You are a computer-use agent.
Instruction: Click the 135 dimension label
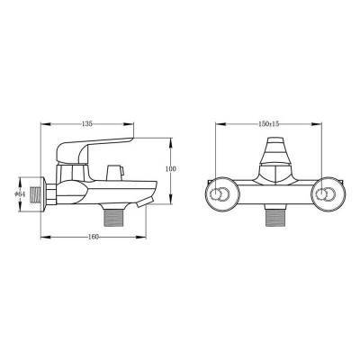(86, 123)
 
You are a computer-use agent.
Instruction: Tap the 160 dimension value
(94, 237)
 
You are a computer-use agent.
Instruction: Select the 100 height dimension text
(170, 169)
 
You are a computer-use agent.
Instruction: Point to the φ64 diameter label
(20, 194)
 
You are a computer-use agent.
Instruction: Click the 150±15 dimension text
(269, 123)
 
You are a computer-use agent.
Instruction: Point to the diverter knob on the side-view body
(114, 172)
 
